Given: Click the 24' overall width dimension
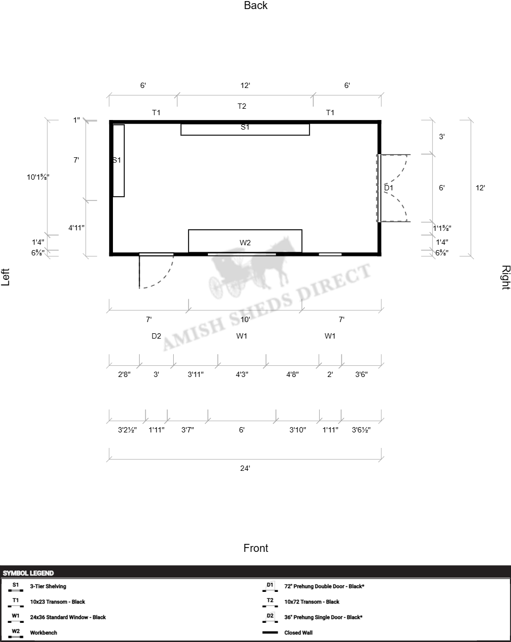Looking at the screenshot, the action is pos(245,468).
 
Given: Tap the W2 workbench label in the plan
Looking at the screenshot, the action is pos(245,243).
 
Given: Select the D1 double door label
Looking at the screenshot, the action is pos(388,188).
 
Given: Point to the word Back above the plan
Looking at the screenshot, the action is pos(256,5).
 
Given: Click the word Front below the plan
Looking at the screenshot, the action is pos(256,548).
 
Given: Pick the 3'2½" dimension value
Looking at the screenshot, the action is pos(127,430).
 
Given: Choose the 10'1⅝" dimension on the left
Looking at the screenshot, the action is pos(38,177).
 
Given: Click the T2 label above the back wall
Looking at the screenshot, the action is pos(242,106).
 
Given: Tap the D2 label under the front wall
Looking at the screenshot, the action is pos(156,336).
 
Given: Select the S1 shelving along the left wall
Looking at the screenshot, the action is pos(119,160).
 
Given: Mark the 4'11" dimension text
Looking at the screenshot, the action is pos(76,228).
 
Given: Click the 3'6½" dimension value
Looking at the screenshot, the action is pos(361,430).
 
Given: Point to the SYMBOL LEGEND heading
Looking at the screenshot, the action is pos(28,573).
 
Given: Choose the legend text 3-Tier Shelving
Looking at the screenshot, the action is pos(48,586).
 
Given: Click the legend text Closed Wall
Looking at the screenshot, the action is pos(298,633).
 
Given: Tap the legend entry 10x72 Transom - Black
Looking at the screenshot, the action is pos(312,601).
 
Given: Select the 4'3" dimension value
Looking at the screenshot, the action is pos(242,374).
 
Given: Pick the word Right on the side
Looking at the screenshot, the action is pos(506,277).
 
